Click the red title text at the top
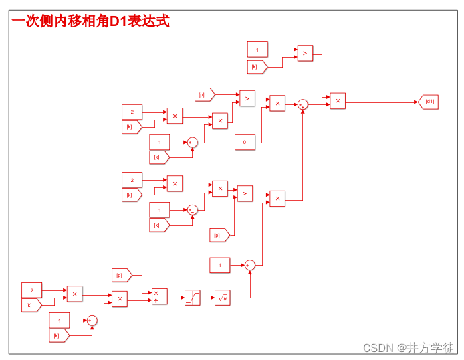point(90,21)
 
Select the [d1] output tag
point(429,102)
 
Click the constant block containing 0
point(244,142)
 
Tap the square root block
point(223,298)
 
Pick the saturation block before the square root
point(193,298)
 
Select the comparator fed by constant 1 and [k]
point(305,53)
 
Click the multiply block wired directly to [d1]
point(338,101)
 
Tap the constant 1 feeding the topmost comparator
point(257,49)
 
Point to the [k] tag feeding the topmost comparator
point(257,66)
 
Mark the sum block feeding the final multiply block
point(302,104)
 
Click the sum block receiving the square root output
point(249,265)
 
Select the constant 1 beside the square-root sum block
point(220,265)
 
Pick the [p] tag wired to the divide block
point(121,275)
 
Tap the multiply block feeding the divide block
point(119,298)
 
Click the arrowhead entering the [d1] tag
point(416,102)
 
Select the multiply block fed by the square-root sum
point(277,199)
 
